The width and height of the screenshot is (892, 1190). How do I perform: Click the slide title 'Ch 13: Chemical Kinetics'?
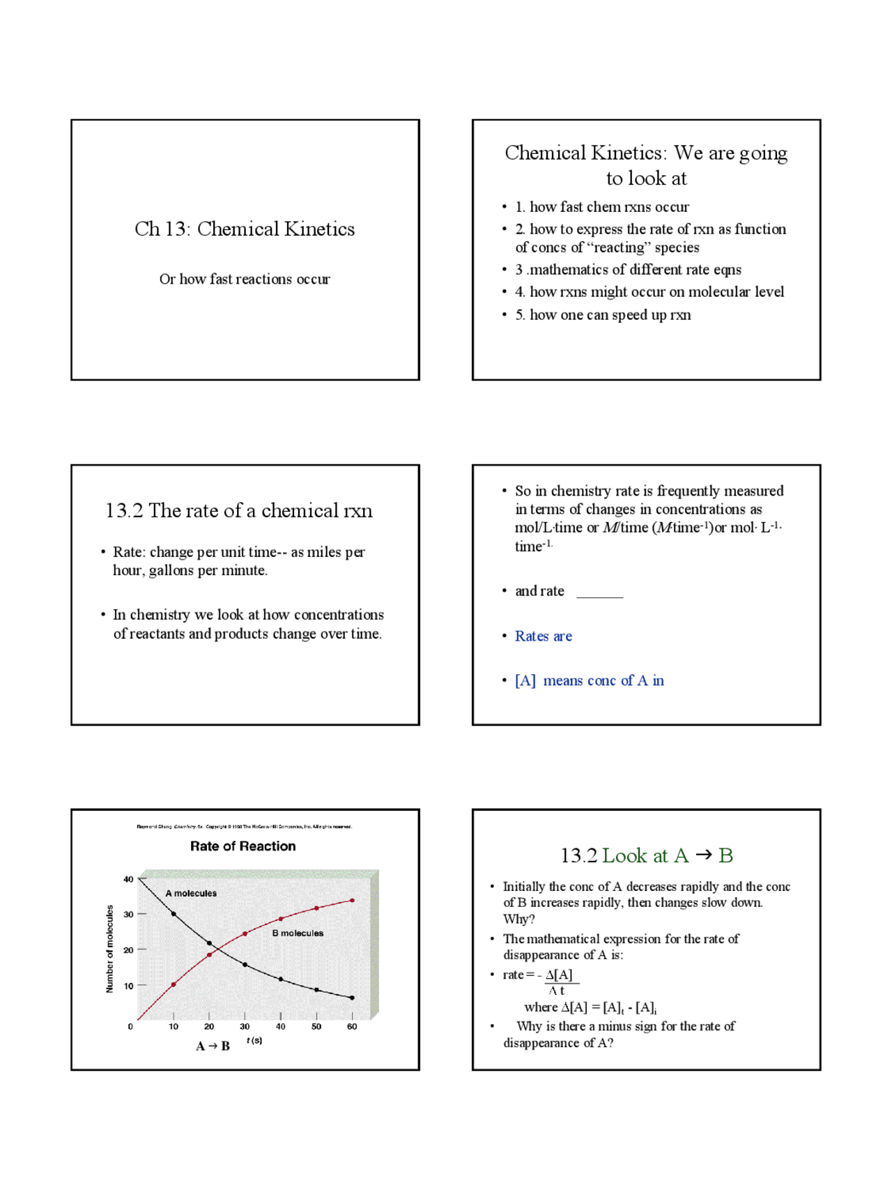[x=245, y=229]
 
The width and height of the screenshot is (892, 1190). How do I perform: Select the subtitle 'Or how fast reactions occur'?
[x=245, y=279]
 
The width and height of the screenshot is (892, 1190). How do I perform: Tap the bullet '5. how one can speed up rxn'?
[x=603, y=315]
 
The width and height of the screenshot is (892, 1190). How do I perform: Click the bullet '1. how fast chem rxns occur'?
[x=602, y=207]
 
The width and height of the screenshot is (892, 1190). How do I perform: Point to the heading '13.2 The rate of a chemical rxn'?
[x=239, y=510]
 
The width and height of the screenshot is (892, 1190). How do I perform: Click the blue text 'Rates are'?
[x=543, y=636]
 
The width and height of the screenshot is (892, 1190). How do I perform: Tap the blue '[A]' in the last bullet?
[x=525, y=680]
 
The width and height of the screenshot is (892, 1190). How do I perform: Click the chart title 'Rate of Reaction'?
[x=243, y=846]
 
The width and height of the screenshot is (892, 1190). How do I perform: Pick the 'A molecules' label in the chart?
[x=191, y=893]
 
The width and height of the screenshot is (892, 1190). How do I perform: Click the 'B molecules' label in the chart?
[x=298, y=933]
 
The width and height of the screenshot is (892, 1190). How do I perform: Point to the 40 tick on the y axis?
[x=128, y=879]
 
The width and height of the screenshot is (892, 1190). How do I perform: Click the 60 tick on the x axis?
[x=352, y=1026]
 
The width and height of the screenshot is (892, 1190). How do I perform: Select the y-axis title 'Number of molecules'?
[x=109, y=948]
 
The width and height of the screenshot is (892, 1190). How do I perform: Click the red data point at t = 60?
[x=352, y=901]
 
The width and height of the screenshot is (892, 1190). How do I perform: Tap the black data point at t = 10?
[x=174, y=913]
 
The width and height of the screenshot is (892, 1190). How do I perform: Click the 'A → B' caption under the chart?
[x=213, y=1046]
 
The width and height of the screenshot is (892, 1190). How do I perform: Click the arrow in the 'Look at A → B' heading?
[x=704, y=855]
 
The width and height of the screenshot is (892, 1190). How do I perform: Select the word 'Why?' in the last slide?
[x=518, y=919]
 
